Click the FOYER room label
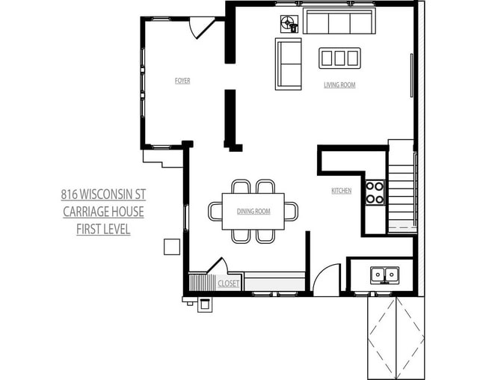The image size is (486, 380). point(182,81)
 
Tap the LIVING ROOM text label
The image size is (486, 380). point(339,85)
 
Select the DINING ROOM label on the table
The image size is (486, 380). point(253,212)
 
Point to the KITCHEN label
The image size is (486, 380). point(341,191)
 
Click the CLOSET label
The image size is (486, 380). point(228,284)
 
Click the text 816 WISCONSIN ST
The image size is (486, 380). point(103,194)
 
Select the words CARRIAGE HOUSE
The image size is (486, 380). point(103,212)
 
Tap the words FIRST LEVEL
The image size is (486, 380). point(103,229)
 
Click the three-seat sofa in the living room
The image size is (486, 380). point(339,23)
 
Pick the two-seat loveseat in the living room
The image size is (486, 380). point(288,64)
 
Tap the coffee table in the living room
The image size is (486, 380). point(339,58)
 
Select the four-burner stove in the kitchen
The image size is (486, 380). point(374,192)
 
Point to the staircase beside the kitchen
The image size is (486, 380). point(401,187)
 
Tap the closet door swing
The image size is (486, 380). point(218,266)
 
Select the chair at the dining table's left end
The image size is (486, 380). point(215,212)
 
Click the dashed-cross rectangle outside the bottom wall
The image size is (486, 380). point(394,337)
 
